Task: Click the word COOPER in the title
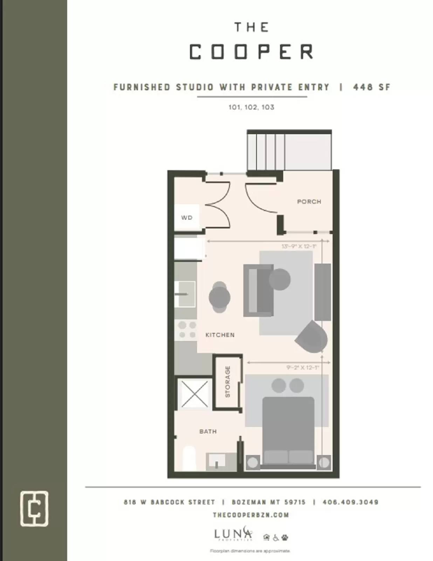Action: (251, 52)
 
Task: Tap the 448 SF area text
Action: (371, 87)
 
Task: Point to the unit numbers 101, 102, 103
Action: (251, 107)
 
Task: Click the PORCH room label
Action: (309, 202)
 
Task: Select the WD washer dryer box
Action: (187, 217)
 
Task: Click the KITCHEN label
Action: (220, 335)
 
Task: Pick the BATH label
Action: (208, 431)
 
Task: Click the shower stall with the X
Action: (194, 394)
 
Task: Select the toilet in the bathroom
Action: (189, 459)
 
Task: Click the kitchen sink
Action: (186, 294)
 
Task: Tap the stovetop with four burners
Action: (187, 330)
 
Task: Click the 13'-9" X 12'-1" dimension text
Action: (299, 246)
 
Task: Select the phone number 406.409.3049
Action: (350, 502)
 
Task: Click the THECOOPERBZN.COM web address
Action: (251, 515)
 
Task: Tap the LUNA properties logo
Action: (233, 534)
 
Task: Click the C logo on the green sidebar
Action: (34, 508)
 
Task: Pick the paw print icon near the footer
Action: (285, 537)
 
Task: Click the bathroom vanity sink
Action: (217, 461)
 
